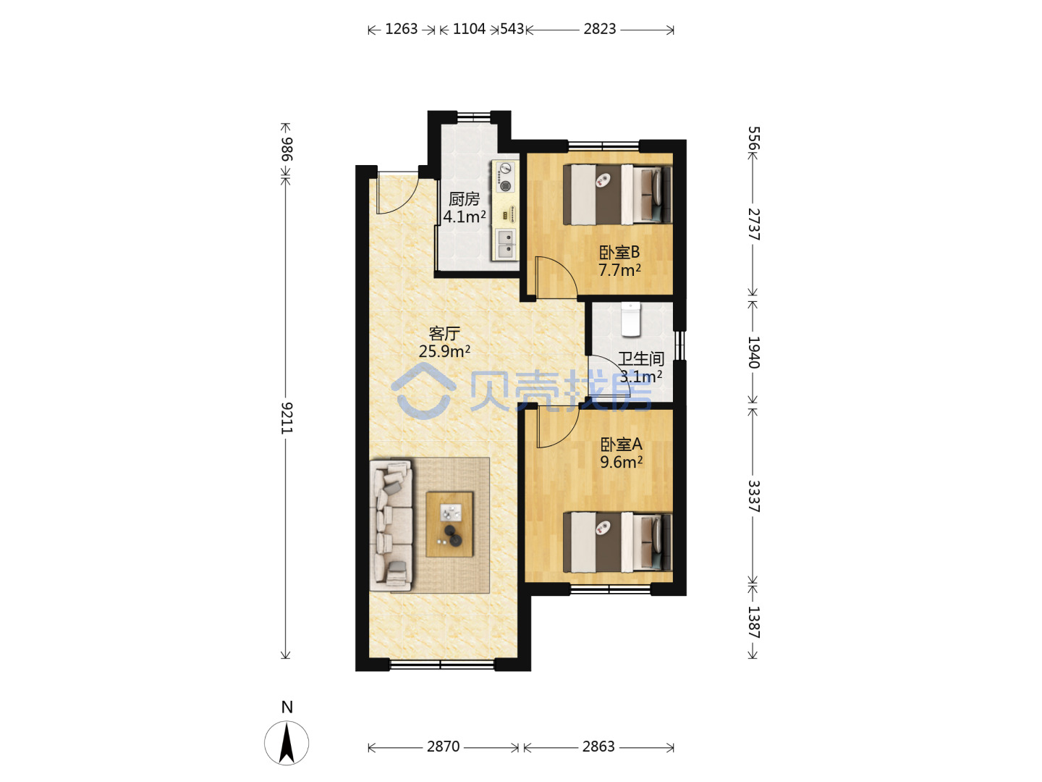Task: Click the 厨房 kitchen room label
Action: click(464, 199)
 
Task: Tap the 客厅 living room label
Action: click(444, 333)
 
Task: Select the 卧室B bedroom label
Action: click(619, 252)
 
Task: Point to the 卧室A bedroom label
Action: click(621, 445)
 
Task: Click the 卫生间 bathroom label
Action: click(641, 359)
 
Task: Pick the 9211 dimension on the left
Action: click(287, 418)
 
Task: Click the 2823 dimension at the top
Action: click(600, 29)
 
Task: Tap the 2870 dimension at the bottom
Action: click(443, 747)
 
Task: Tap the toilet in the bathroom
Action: click(631, 319)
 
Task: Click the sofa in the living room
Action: click(391, 525)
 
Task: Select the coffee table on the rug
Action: click(449, 524)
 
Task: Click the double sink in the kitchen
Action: click(505, 244)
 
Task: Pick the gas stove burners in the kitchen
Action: click(505, 177)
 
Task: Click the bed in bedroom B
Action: click(617, 194)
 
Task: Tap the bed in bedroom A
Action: click(617, 542)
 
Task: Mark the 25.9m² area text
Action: click(444, 351)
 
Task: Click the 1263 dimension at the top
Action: click(401, 29)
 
